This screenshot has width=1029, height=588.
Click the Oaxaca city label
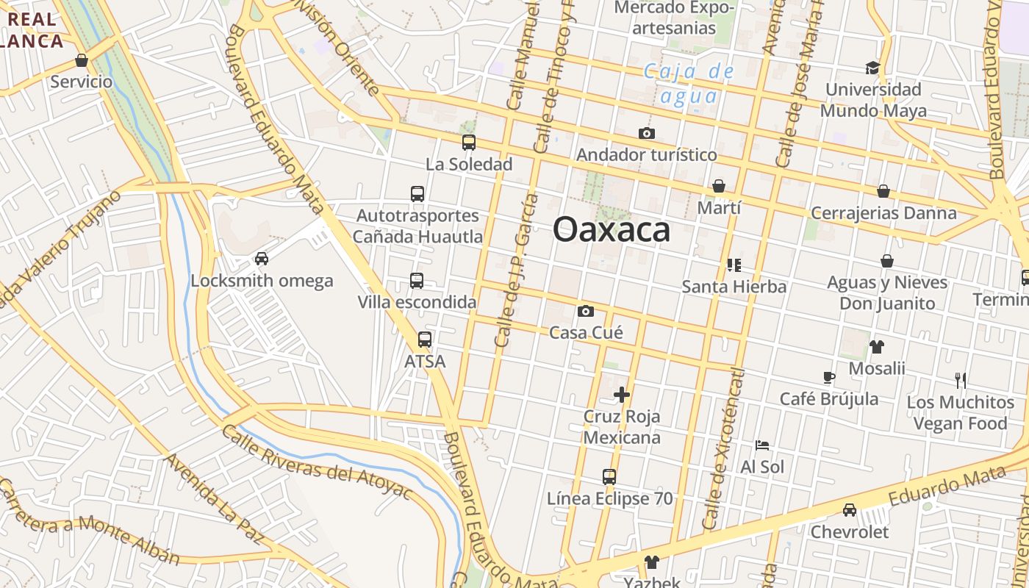[611, 229]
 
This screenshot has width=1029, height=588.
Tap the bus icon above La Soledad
[468, 143]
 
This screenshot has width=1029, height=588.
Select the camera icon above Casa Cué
[586, 311]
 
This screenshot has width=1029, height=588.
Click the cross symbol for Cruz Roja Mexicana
[622, 395]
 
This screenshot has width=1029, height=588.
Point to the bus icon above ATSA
[425, 340]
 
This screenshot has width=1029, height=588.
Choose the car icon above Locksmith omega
[261, 259]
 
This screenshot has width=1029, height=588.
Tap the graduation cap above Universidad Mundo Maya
[872, 68]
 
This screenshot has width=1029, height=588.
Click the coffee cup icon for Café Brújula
[829, 378]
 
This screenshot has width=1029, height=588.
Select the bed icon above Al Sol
[762, 445]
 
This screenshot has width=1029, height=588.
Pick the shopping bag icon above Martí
[719, 186]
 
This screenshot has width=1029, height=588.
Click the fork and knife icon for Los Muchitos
[960, 380]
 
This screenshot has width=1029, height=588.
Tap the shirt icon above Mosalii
[877, 346]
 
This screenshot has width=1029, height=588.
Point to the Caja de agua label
[689, 83]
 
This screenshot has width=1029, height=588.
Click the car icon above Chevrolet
[850, 509]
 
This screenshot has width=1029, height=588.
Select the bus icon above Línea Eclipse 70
[609, 476]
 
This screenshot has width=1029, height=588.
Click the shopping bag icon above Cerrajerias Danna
[883, 191]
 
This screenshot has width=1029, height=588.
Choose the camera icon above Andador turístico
[647, 133]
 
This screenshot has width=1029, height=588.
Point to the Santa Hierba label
[734, 287]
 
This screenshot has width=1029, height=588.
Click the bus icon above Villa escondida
[417, 281]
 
